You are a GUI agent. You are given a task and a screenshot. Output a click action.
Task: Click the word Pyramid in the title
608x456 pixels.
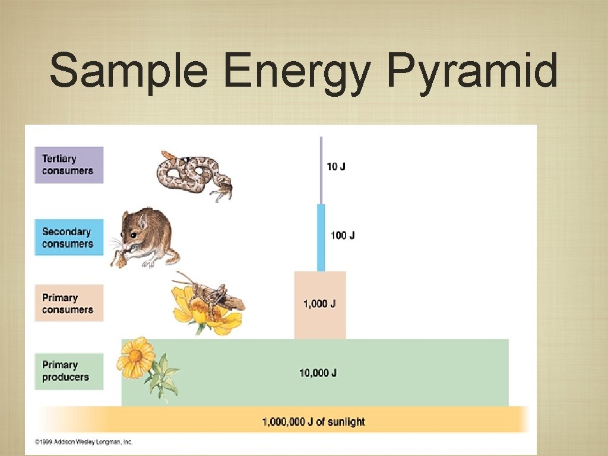(472, 71)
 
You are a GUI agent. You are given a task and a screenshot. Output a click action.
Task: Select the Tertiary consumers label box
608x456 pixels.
(69, 165)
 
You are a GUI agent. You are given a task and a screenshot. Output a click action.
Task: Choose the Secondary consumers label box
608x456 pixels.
(69, 237)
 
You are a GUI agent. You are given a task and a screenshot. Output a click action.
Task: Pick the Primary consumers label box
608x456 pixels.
(69, 303)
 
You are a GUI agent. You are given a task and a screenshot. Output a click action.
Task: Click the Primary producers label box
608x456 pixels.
(69, 371)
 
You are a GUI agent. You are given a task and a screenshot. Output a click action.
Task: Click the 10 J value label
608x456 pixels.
(336, 167)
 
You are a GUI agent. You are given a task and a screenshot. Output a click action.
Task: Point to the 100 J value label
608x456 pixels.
(343, 235)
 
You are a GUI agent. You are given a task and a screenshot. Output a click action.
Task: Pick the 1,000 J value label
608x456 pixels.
(319, 304)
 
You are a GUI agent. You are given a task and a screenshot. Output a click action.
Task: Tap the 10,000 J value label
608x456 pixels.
(318, 373)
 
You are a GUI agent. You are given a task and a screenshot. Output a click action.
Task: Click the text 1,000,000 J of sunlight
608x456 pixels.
(313, 422)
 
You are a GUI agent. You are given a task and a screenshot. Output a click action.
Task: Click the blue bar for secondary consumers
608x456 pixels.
(321, 237)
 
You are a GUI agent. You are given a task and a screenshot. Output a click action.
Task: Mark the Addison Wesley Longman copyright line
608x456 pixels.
(84, 442)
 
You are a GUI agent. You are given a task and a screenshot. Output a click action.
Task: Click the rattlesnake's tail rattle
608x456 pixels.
(167, 156)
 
